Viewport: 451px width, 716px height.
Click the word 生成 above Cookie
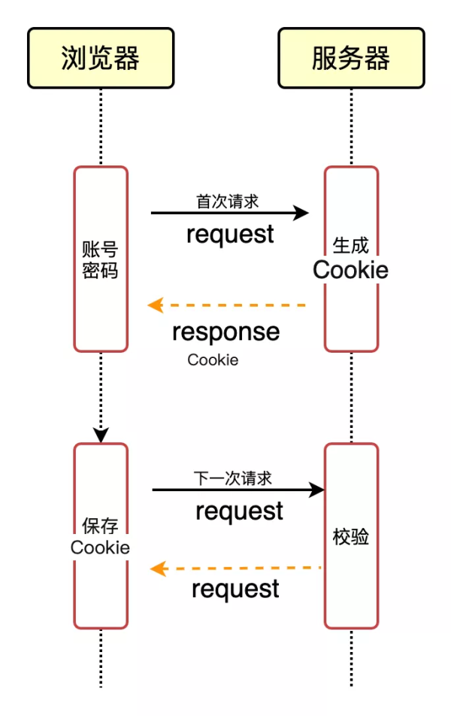(x=351, y=246)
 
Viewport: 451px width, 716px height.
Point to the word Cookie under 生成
(x=351, y=270)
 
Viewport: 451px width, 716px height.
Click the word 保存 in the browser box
(x=101, y=526)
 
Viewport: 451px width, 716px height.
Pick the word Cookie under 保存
(x=101, y=548)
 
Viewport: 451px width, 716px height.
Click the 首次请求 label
(x=228, y=202)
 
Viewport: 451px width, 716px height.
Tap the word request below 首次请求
(x=230, y=235)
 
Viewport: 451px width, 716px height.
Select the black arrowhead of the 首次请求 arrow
(x=301, y=213)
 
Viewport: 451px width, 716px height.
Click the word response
(x=225, y=332)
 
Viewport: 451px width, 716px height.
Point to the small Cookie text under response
(x=213, y=360)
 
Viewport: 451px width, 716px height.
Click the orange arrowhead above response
(x=156, y=305)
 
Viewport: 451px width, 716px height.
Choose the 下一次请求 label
(x=232, y=478)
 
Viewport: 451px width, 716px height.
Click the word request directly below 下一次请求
(x=239, y=511)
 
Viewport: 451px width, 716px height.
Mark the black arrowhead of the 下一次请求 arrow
(x=316, y=490)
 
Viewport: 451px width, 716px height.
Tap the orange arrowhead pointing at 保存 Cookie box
(x=158, y=569)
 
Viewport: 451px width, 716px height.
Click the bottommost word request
(x=235, y=589)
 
